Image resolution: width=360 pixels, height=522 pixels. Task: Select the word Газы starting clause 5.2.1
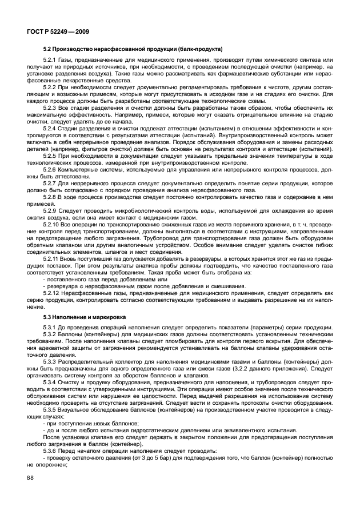(67, 60)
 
